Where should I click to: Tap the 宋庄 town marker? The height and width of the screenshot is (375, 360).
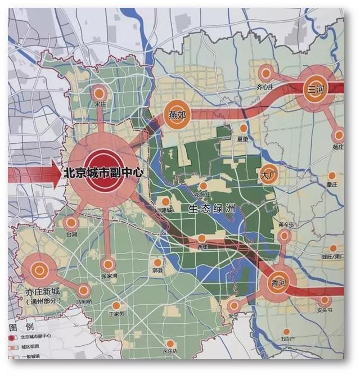[100, 93]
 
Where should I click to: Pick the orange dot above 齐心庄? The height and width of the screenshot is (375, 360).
[265, 74]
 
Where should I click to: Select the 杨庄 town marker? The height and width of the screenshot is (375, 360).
[338, 135]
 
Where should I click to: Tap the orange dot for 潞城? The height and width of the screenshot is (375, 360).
[166, 201]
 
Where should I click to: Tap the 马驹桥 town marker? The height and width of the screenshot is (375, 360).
[84, 290]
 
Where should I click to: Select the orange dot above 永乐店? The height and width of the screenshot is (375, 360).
[169, 344]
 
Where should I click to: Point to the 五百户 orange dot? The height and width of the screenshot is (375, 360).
[287, 332]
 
